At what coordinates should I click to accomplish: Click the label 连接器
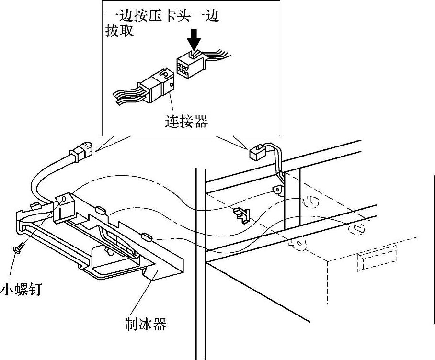(186, 122)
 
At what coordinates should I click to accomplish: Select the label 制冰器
(145, 325)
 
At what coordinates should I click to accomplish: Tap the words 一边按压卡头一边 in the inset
(162, 17)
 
